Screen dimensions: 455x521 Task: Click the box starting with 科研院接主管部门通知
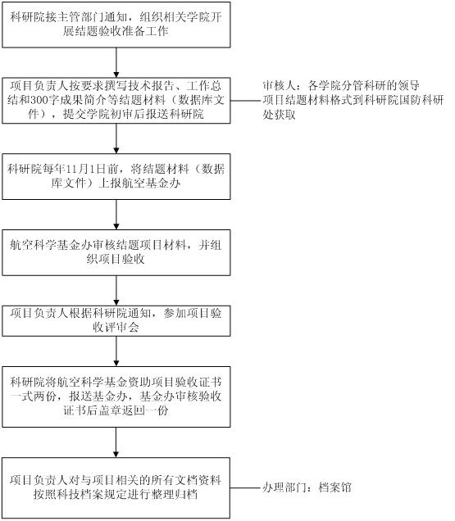pyautogui.click(x=116, y=25)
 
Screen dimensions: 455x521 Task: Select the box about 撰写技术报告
pyautogui.click(x=116, y=101)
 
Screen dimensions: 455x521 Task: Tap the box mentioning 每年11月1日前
pyautogui.click(x=116, y=176)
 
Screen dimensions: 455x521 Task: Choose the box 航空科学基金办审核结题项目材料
pyautogui.click(x=116, y=252)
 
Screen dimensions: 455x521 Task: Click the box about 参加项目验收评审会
pyautogui.click(x=116, y=321)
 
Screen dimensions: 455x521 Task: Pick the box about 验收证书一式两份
pyautogui.click(x=116, y=396)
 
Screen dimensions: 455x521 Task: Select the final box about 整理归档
pyautogui.click(x=116, y=487)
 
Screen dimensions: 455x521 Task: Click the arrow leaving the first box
pyautogui.click(x=116, y=62)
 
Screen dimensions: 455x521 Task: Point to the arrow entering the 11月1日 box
pyautogui.click(x=116, y=138)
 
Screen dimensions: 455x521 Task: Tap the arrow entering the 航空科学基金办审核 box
pyautogui.click(x=116, y=215)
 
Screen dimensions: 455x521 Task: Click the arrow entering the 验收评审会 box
pyautogui.click(x=116, y=291)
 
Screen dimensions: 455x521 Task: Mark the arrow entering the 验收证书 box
pyautogui.click(x=116, y=351)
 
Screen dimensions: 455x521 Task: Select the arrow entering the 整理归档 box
pyautogui.click(x=116, y=442)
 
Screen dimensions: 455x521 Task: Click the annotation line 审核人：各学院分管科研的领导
pyautogui.click(x=341, y=86)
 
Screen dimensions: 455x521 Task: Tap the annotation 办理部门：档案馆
pyautogui.click(x=307, y=487)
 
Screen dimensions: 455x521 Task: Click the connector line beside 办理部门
pyautogui.click(x=247, y=488)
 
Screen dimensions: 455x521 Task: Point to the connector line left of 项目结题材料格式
pyautogui.click(x=247, y=101)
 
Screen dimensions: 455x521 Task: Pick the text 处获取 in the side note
pyautogui.click(x=279, y=115)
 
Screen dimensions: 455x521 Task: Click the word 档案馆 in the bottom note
pyautogui.click(x=335, y=487)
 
